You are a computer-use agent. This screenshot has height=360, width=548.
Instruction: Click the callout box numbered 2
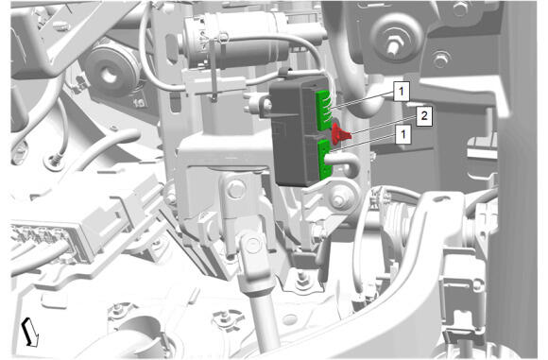tap(424, 116)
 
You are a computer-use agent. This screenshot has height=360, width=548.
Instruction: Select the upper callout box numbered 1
tap(402, 92)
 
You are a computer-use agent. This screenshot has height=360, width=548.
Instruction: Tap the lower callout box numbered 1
tap(403, 134)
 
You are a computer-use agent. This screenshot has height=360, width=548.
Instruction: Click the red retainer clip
tap(339, 134)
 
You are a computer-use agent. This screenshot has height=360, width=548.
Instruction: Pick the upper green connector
tap(323, 111)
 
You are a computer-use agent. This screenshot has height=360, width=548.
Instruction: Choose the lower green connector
tap(325, 160)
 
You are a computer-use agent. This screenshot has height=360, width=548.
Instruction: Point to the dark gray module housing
tap(297, 133)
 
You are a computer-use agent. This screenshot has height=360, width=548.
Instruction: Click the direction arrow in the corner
tap(30, 333)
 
